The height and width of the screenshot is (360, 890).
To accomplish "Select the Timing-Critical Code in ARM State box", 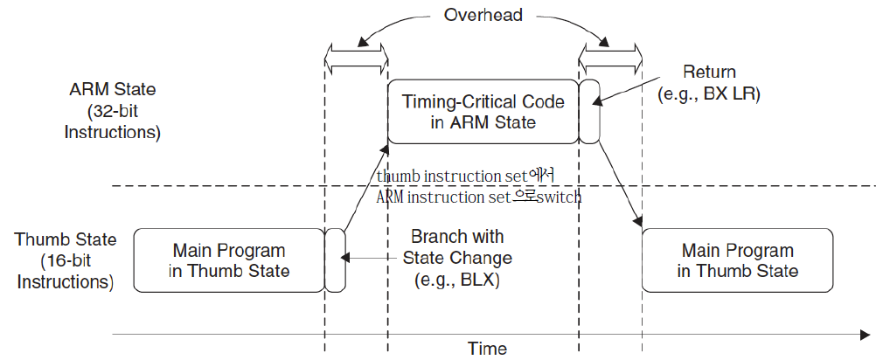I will tap(483, 111).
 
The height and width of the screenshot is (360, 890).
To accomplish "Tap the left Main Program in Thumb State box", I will tap(230, 260).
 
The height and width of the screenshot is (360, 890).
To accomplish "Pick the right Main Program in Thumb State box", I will tap(737, 260).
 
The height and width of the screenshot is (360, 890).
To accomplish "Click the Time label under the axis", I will tap(487, 349).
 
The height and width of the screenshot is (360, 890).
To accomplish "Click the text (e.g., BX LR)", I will tap(709, 93).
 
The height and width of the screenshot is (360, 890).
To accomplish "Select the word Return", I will tap(709, 72).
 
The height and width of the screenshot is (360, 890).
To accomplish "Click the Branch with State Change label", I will tap(456, 247).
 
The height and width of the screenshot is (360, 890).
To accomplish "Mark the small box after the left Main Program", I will tap(335, 260).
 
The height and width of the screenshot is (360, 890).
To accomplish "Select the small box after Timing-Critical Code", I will tap(589, 111).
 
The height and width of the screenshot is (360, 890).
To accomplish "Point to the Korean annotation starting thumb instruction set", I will tap(467, 176).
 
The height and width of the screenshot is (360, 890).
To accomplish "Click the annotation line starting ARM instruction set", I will tap(478, 197).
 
